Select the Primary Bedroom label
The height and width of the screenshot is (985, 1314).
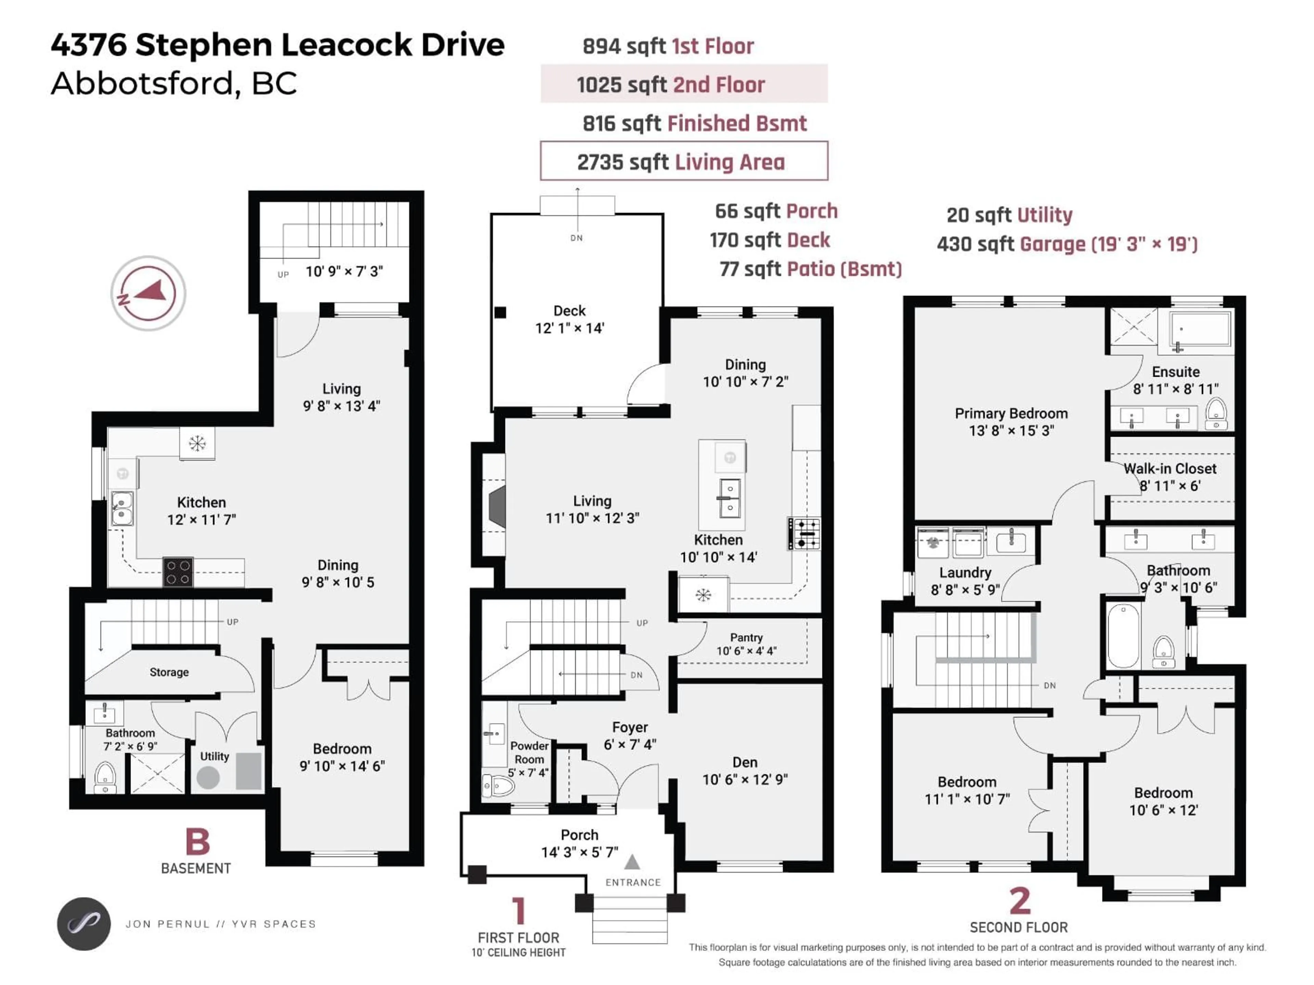[x=1011, y=414]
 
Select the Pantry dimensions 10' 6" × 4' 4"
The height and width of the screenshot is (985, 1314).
[x=746, y=651]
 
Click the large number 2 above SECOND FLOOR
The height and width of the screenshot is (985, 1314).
[x=1019, y=901]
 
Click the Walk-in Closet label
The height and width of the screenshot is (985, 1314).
[x=1170, y=469]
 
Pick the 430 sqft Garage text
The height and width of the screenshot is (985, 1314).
[x=1067, y=244]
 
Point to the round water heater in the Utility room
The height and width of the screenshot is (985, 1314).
[x=208, y=777]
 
